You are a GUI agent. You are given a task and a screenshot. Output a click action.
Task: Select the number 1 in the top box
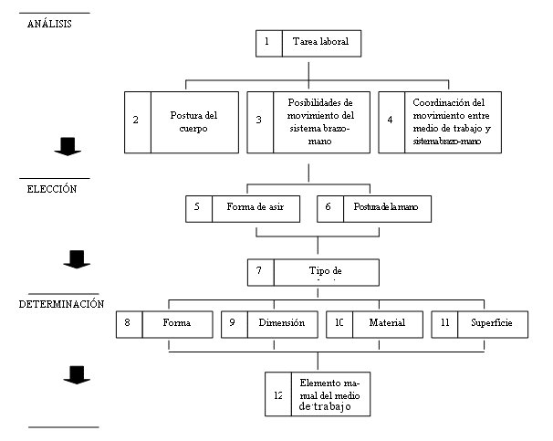pos(267,43)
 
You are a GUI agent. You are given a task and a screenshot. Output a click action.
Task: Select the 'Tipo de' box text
pos(325,271)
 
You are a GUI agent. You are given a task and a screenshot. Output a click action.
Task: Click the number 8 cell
pos(129,323)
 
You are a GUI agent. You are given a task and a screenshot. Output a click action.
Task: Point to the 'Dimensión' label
pos(281,323)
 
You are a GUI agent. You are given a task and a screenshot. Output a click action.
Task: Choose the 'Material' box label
pos(387,323)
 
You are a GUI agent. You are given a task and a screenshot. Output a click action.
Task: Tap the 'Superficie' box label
pos(491,323)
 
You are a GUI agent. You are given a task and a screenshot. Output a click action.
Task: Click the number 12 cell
pos(277,394)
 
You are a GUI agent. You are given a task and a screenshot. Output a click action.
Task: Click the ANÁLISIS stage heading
pos(51,24)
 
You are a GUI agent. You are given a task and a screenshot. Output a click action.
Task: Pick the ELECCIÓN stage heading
pos(51,190)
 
